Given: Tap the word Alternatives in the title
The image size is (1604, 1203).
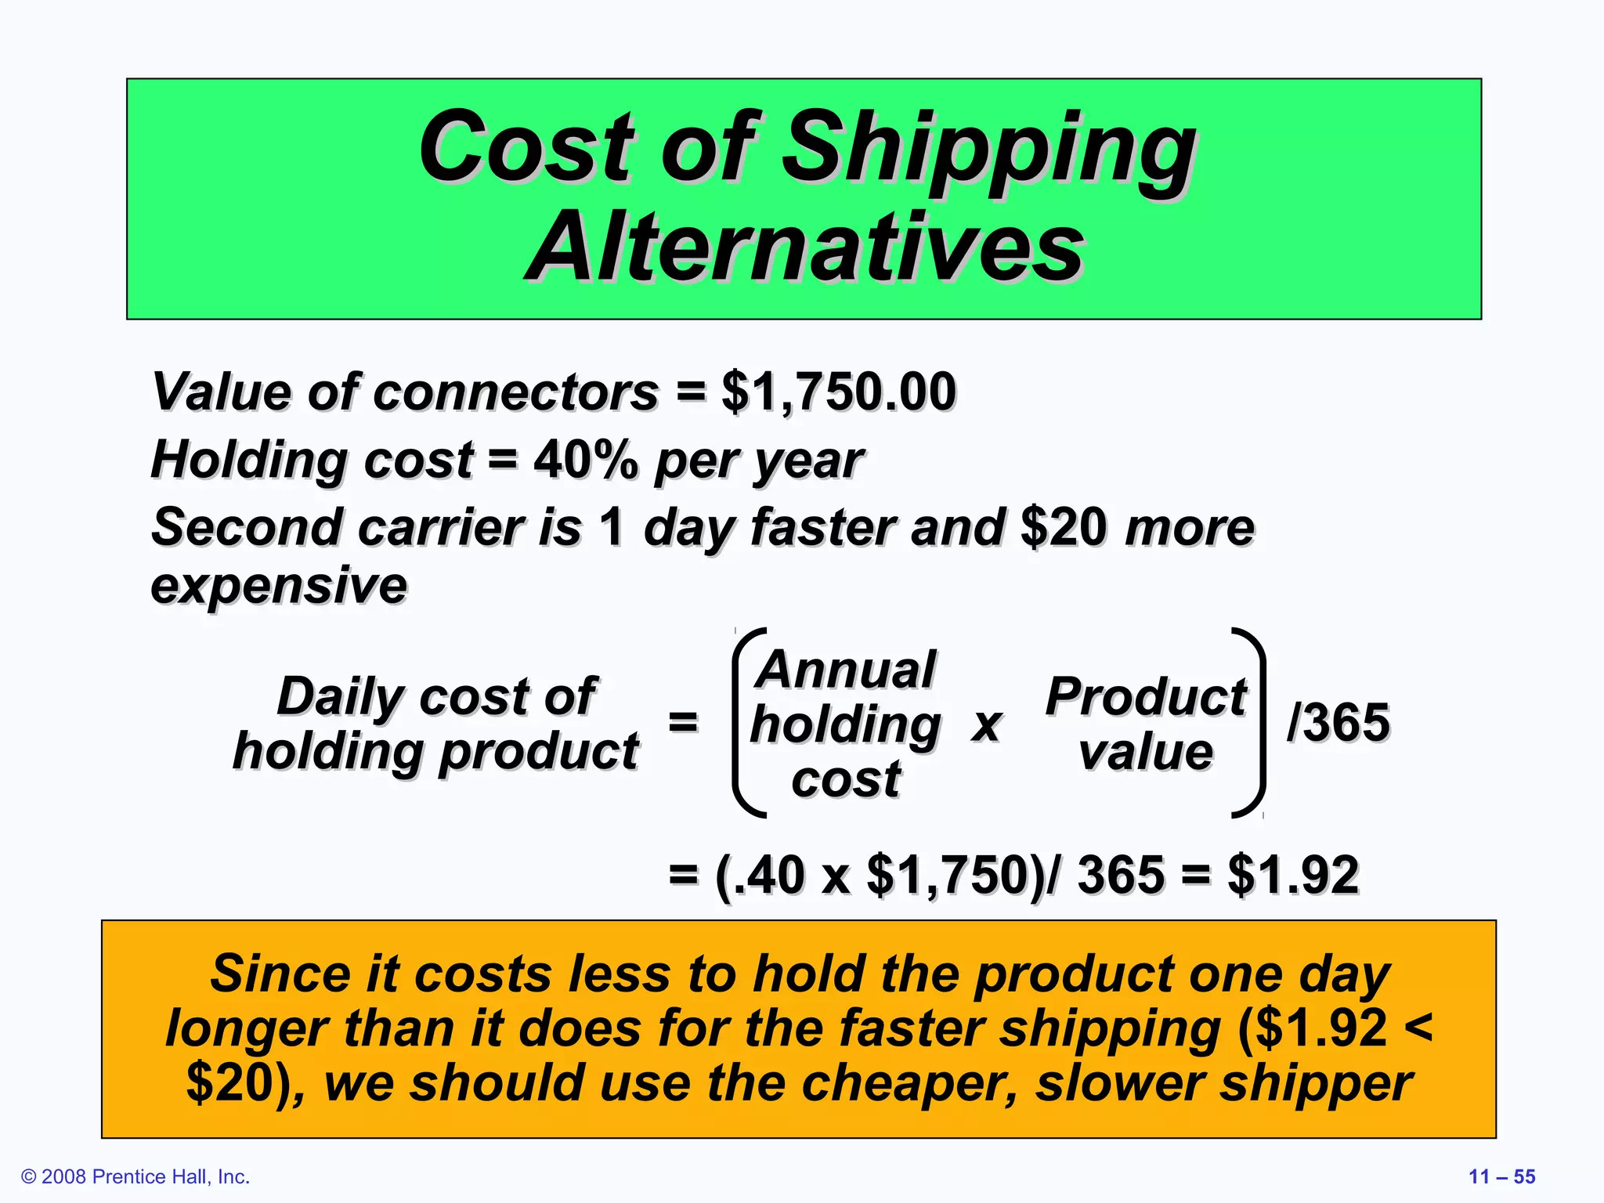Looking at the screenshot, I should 805,248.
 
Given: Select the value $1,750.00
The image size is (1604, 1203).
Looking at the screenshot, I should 838,392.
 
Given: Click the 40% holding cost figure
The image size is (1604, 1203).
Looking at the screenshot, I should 585,459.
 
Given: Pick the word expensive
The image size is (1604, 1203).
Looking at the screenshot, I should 279,585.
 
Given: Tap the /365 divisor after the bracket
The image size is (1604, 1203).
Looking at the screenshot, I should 1338,722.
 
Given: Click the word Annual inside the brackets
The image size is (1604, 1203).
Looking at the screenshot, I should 846,670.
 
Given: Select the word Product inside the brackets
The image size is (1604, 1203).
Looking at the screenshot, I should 1146,696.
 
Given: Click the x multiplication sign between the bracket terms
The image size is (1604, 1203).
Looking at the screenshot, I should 987,724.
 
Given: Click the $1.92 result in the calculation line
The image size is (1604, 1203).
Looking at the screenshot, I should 1293,875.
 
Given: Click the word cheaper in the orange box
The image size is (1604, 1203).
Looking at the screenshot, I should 909,1083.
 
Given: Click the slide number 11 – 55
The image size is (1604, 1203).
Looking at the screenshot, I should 1501,1176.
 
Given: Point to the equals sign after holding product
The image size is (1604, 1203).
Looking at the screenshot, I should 683,722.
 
